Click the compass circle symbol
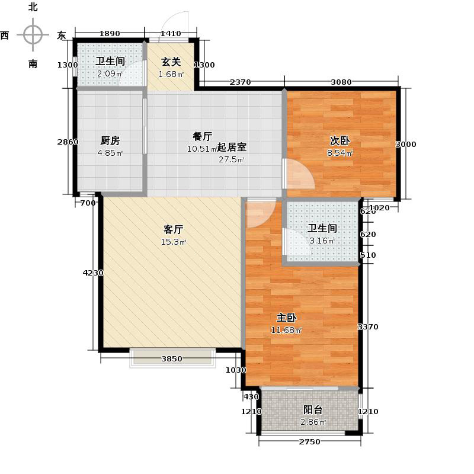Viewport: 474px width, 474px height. click(x=33, y=35)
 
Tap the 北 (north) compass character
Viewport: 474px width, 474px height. click(x=33, y=8)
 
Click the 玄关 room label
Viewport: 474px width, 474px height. click(x=171, y=60)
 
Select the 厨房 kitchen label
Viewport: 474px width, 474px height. click(x=110, y=140)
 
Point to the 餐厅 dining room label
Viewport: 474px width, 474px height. click(x=202, y=136)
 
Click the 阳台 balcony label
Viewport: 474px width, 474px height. click(x=313, y=409)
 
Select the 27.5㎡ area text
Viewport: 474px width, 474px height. click(x=231, y=160)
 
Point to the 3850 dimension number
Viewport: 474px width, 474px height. click(x=172, y=359)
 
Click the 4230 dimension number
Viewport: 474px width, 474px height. click(x=93, y=273)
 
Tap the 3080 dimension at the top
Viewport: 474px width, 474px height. click(x=341, y=82)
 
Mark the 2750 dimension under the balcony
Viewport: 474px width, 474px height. click(x=309, y=442)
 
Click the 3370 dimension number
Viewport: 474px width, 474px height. click(x=368, y=326)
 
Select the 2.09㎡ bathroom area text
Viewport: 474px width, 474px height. click(x=110, y=74)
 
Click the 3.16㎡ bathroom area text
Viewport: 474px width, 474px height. click(x=322, y=241)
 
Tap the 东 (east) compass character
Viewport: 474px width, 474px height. click(x=61, y=36)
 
